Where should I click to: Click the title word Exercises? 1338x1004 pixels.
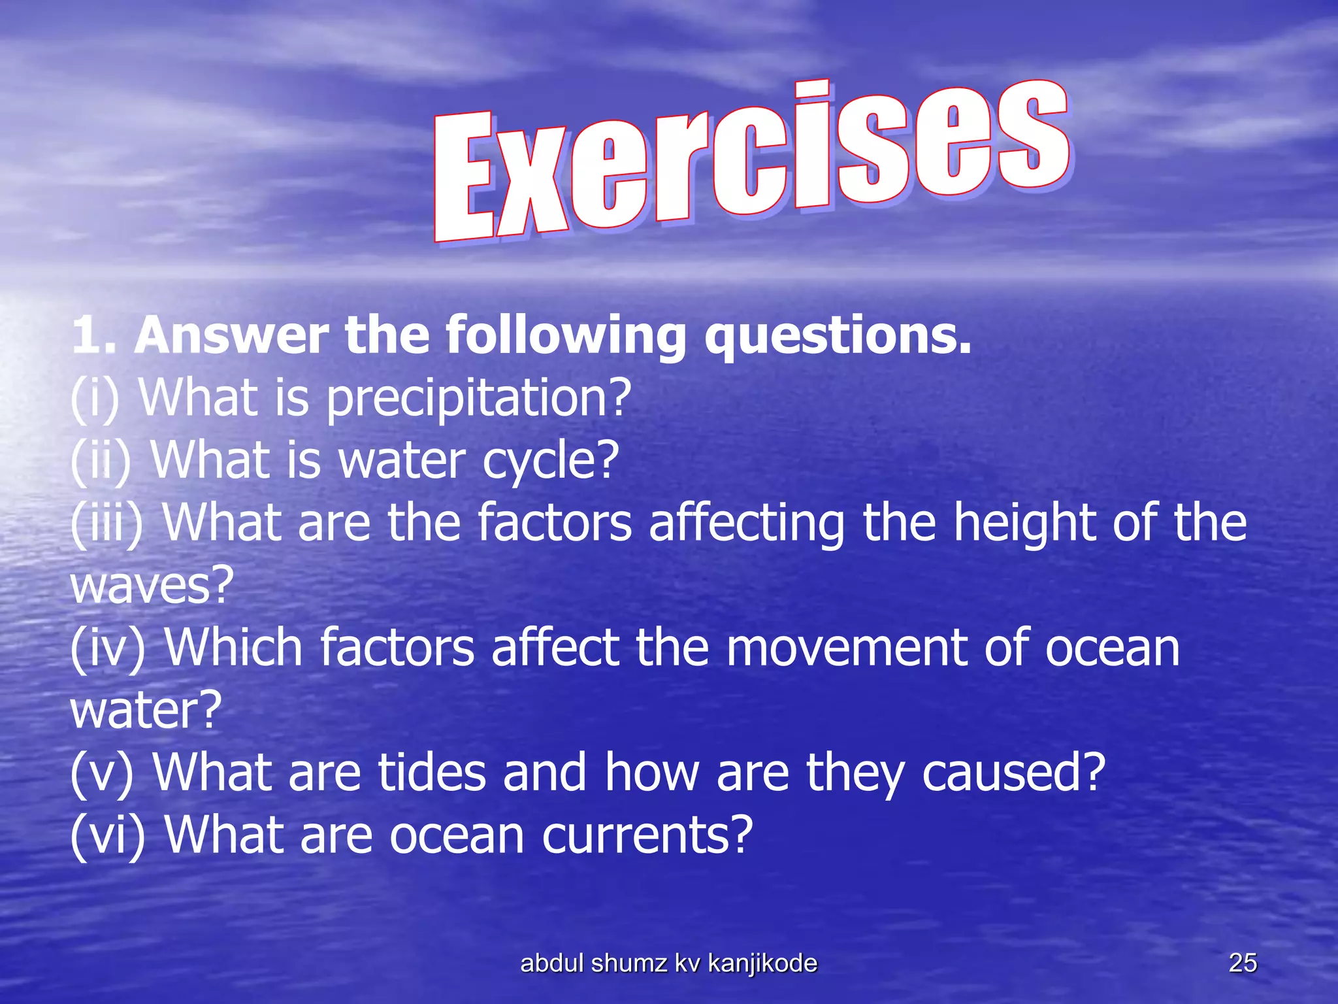click(x=751, y=160)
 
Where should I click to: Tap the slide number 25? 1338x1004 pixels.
click(x=1243, y=963)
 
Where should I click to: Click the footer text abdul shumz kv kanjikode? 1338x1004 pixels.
click(x=668, y=963)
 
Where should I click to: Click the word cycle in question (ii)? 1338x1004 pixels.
click(x=550, y=460)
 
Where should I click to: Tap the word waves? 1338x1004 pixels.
click(x=152, y=586)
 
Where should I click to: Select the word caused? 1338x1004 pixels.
click(x=1013, y=773)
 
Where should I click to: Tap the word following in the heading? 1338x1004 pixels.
click(x=566, y=335)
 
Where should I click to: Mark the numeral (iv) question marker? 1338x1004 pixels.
click(x=108, y=648)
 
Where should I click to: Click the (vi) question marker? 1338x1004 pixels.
click(x=108, y=835)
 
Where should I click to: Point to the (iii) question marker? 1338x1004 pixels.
click(x=106, y=523)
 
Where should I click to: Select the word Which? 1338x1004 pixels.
click(x=233, y=648)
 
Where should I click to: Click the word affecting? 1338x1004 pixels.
click(x=746, y=523)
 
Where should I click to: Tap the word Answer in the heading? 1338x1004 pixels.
click(x=231, y=335)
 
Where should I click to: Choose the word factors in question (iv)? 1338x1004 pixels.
click(x=397, y=648)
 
